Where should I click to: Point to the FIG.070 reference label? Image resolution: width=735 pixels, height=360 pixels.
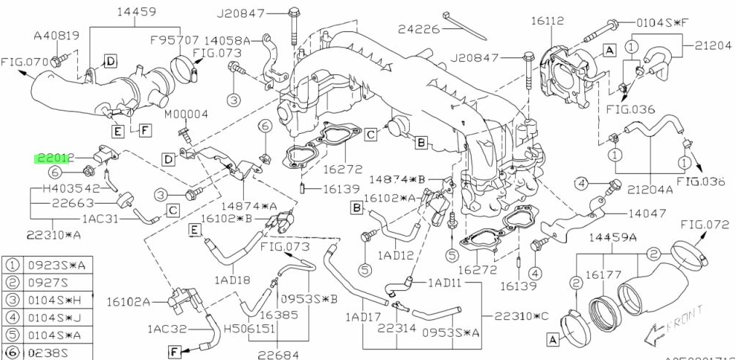coord(23,62)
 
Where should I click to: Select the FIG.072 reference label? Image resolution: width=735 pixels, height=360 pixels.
coord(704,225)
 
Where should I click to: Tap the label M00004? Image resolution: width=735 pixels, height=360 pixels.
coord(186,114)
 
